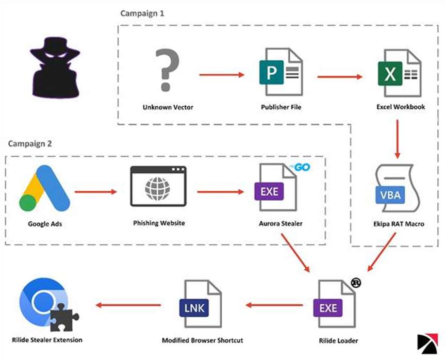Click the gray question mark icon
168,70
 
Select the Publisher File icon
281,72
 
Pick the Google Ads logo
45,188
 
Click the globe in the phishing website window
158,188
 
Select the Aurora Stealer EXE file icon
276,187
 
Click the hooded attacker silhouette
55,68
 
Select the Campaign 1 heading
142,13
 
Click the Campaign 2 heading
30,144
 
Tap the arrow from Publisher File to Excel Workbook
340,76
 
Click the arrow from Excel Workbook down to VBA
398,139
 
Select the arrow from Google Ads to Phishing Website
96,192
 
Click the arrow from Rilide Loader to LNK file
274,305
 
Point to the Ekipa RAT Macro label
399,224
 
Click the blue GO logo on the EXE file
300,167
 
